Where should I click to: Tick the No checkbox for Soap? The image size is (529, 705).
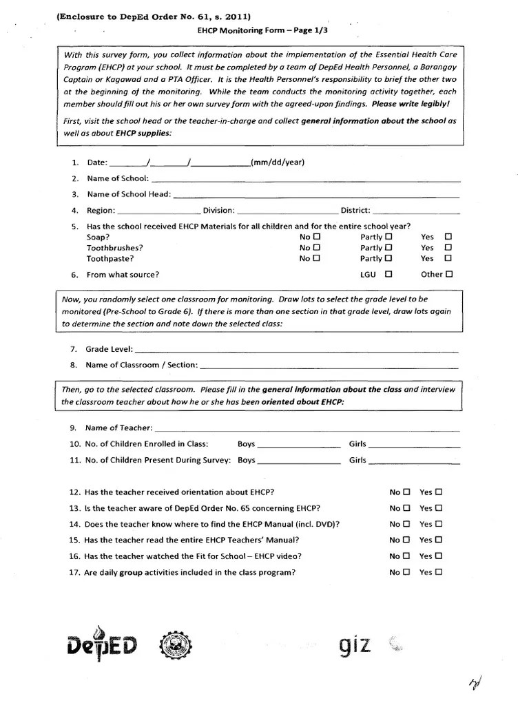tap(317, 237)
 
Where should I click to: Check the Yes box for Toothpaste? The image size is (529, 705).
tap(448, 259)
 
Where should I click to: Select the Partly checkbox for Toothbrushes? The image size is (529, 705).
tap(389, 248)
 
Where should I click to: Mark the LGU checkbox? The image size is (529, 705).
tap(389, 274)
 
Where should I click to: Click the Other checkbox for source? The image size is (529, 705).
tap(449, 274)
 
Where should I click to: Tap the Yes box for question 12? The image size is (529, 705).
tap(439, 492)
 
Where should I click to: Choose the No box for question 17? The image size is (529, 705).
tap(406, 572)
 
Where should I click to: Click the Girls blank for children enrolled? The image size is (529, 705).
tap(415, 446)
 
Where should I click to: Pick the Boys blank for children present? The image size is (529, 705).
tap(299, 462)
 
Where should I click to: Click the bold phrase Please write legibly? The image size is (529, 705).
tap(411, 104)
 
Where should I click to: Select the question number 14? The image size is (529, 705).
tap(75, 524)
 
